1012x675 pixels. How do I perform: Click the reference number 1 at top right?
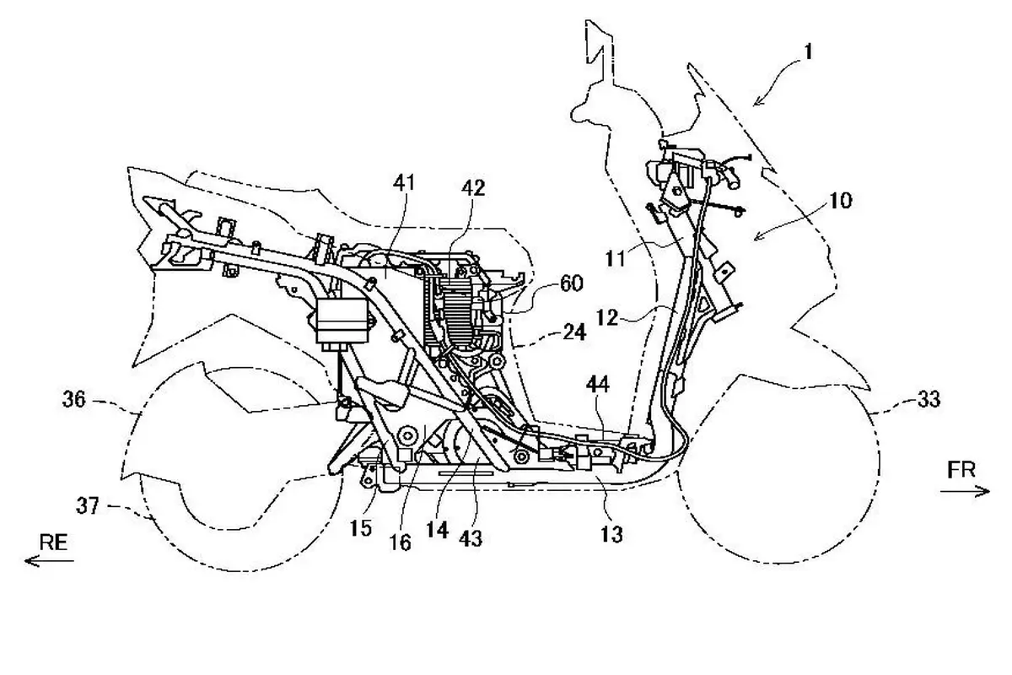coord(808,51)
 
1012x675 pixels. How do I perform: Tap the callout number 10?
coord(840,200)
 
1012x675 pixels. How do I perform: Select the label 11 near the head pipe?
coord(616,260)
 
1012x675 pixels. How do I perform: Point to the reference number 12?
coord(606,317)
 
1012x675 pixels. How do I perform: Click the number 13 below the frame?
coord(611,534)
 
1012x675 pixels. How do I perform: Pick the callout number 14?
coord(438,530)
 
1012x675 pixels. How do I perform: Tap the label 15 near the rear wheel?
coord(361,527)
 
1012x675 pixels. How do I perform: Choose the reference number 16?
coord(401,542)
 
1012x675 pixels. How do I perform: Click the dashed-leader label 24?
coord(574,332)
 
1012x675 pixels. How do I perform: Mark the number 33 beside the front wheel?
coord(929,399)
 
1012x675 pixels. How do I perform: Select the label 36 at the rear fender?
coord(74,399)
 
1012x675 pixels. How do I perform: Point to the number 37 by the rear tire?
coord(88,505)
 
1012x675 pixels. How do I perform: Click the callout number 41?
coord(403,182)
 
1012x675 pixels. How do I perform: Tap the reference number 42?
coord(473,188)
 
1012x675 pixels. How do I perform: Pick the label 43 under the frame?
coord(471,538)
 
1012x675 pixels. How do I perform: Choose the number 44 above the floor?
coord(598,384)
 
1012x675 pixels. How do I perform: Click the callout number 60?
coord(572,283)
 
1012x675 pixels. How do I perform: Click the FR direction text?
coord(961,470)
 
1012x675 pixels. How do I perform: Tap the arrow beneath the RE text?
coord(49,561)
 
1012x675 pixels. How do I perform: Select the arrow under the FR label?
coord(965,490)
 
